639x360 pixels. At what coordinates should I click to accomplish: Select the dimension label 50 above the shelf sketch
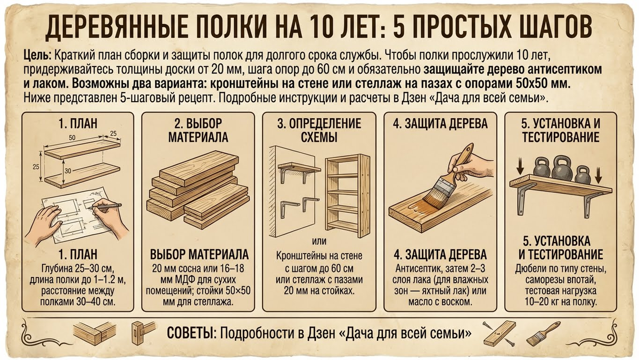pos(72,138)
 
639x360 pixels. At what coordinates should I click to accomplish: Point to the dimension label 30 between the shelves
pos(68,171)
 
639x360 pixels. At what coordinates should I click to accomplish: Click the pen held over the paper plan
pos(105,206)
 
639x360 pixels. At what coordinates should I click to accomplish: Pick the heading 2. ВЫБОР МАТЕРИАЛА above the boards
pos(198,130)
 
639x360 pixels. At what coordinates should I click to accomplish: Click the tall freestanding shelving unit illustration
pos(348,195)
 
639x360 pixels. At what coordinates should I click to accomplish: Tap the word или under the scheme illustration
pos(319,241)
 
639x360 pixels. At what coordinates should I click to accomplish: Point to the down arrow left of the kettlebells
pos(520,167)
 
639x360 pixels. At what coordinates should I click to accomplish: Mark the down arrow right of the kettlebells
pos(599,175)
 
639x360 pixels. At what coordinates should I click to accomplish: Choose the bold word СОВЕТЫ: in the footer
pos(191,333)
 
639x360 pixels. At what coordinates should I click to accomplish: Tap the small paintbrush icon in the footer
pos(543,334)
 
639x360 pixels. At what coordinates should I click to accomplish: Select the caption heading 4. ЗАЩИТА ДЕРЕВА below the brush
pos(440,255)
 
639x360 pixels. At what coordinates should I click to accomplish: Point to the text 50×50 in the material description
pos(238,291)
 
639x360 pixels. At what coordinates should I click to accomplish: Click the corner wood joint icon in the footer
pos(95,333)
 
